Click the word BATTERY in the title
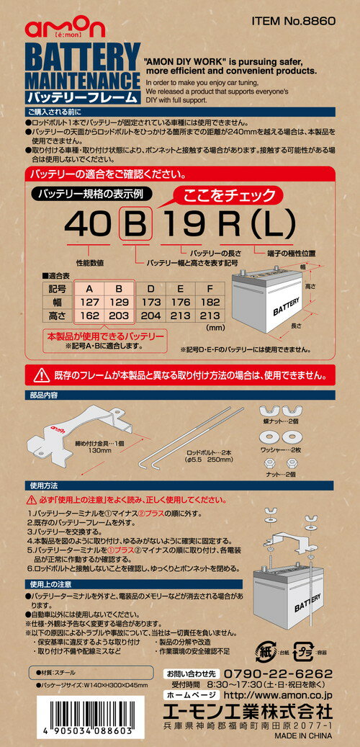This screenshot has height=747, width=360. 81,55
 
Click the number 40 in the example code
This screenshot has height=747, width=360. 87,225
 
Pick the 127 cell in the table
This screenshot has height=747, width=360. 89,303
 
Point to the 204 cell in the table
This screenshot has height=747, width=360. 150,316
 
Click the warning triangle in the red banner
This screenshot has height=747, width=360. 42,375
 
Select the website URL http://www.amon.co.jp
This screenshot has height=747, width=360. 277,697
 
